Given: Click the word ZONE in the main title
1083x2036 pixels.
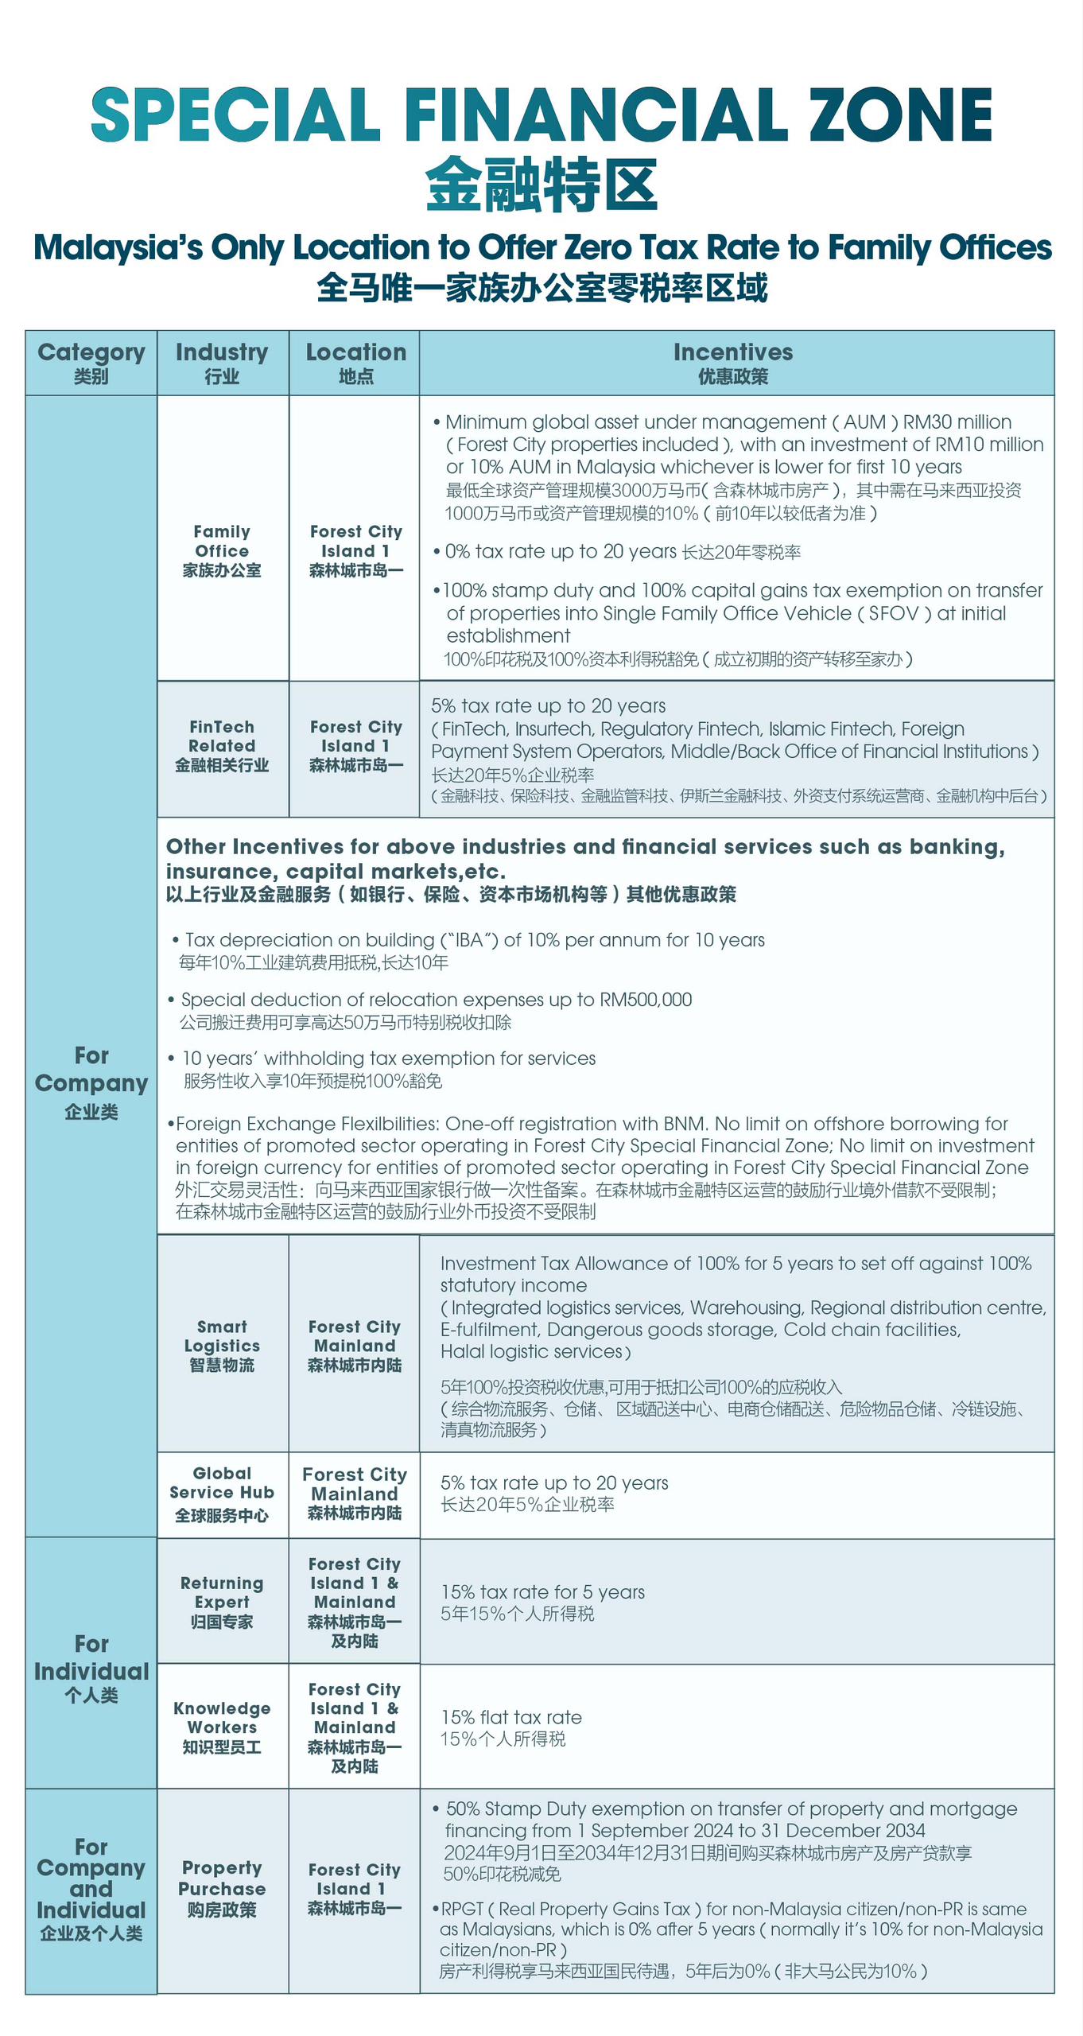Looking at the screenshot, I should [x=900, y=115].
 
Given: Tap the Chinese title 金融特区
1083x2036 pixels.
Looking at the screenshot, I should [x=541, y=185].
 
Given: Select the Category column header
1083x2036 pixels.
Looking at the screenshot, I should [x=91, y=362].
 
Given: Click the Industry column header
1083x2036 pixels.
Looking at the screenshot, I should [x=222, y=362].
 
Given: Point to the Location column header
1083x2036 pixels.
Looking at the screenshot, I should [x=355, y=362].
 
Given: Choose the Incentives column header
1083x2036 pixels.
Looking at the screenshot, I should [x=732, y=362].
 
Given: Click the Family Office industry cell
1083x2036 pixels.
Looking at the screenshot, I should [x=222, y=550].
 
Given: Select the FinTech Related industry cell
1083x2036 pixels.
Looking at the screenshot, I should [x=222, y=746].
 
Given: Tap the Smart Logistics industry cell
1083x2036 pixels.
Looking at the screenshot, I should [x=222, y=1346].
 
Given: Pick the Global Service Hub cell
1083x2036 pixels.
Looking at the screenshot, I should [x=222, y=1494].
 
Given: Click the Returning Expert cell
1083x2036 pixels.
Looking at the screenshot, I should [x=222, y=1602].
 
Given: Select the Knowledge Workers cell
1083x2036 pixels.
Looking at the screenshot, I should [x=222, y=1727].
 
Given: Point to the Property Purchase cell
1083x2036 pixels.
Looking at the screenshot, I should [x=222, y=1888].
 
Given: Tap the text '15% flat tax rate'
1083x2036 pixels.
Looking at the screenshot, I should [x=511, y=1717].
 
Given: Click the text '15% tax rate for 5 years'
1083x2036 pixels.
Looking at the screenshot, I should [x=542, y=1591].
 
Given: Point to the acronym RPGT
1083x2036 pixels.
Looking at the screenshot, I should [x=461, y=1909].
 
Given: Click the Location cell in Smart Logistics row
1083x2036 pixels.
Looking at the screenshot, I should [x=355, y=1346].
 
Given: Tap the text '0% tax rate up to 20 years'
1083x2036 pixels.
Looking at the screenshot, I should [x=560, y=551].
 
